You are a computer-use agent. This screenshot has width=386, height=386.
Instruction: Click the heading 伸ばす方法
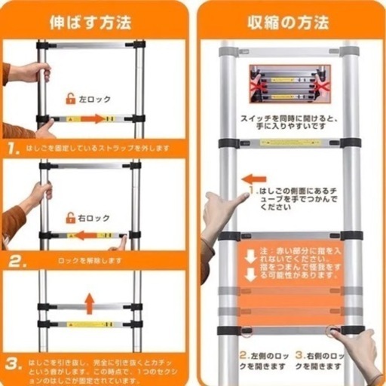90,21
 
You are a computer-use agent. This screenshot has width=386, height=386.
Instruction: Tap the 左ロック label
94,98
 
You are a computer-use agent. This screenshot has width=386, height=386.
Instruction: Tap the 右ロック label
94,218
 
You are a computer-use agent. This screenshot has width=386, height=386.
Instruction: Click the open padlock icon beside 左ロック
71,98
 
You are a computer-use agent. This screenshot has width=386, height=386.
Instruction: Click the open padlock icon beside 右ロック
71,218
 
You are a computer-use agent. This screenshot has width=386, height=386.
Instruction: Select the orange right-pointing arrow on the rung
93,119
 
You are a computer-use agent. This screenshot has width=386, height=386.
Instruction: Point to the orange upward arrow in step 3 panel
90,303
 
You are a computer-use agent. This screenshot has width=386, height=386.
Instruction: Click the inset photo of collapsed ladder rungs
290,84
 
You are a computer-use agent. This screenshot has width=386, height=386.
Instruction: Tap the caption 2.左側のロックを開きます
263,359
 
